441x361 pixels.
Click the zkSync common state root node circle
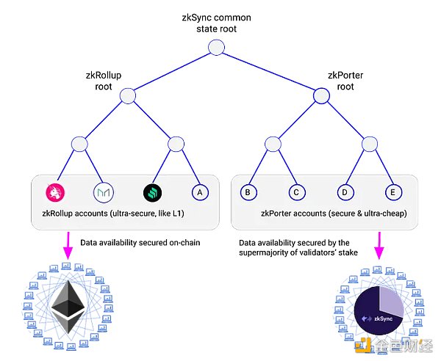pos(215,48)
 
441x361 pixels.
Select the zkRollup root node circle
pos(128,95)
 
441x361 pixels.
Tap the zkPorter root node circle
pos(320,95)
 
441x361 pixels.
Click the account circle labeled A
pos(198,192)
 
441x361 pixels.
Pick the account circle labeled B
pos(249,192)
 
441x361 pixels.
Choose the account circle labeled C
pos(295,192)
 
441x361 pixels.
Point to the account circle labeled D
pos(343,192)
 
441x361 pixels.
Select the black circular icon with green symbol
pos(153,192)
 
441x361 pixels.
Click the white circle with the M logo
pos(104,192)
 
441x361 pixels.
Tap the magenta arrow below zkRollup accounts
pos(68,247)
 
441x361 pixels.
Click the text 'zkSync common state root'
pos(217,21)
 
